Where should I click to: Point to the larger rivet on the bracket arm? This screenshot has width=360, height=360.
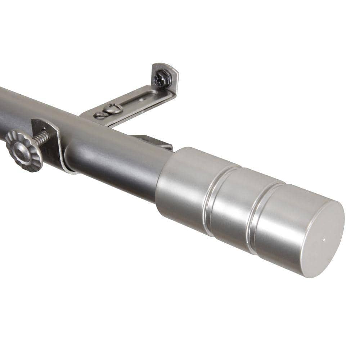(x=113, y=108)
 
